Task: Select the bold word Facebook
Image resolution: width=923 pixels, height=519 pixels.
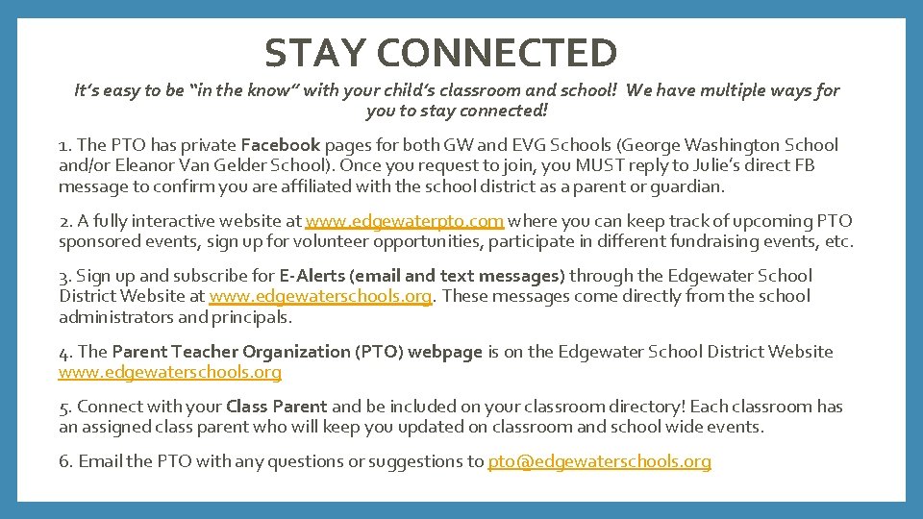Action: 280,145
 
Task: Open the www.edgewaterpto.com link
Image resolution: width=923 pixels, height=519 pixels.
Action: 404,221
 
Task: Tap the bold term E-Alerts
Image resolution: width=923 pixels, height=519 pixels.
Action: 313,276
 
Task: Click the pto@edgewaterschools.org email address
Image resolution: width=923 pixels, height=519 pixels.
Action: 599,461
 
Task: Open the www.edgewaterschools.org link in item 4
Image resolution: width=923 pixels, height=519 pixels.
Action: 170,372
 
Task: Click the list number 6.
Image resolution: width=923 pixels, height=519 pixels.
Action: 64,461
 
